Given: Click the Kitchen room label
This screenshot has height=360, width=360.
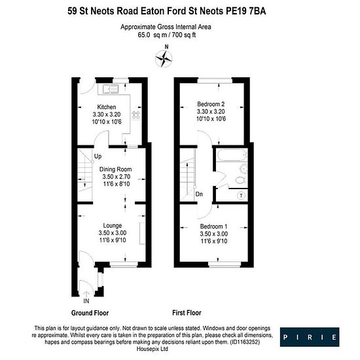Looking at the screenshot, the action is click(x=107, y=107).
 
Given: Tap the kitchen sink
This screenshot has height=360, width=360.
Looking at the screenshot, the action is click(x=111, y=89).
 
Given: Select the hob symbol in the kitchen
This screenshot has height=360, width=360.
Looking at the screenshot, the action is click(x=136, y=115).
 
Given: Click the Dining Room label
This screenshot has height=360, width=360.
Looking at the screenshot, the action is click(x=115, y=170).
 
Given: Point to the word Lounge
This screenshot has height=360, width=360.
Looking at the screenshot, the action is click(x=113, y=225).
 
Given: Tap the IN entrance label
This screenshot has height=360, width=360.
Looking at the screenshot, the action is click(x=86, y=301).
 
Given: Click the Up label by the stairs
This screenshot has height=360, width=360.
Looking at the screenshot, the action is click(x=98, y=156).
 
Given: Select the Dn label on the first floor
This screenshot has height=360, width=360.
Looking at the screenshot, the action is click(x=199, y=194).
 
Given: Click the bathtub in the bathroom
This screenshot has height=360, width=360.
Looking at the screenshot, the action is click(x=232, y=155).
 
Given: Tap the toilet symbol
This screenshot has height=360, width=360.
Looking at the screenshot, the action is click(x=240, y=179).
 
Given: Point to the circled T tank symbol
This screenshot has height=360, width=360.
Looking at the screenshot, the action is click(x=241, y=196).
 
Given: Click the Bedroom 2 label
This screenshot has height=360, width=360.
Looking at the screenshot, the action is click(x=211, y=104).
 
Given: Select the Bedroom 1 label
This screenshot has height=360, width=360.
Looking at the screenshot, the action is click(x=213, y=226).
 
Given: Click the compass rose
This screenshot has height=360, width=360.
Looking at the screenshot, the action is click(x=164, y=59).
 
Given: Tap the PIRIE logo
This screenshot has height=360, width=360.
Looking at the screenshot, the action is click(x=310, y=337).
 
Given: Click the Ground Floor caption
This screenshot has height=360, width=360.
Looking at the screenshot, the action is click(x=90, y=313).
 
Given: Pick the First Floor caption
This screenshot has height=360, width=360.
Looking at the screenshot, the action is click(x=187, y=313).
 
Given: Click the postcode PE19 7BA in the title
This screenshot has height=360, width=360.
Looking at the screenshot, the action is click(x=246, y=11).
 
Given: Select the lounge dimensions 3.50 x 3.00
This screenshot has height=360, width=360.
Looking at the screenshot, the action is click(x=113, y=233).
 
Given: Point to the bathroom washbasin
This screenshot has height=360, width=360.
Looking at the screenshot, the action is click(x=243, y=169).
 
